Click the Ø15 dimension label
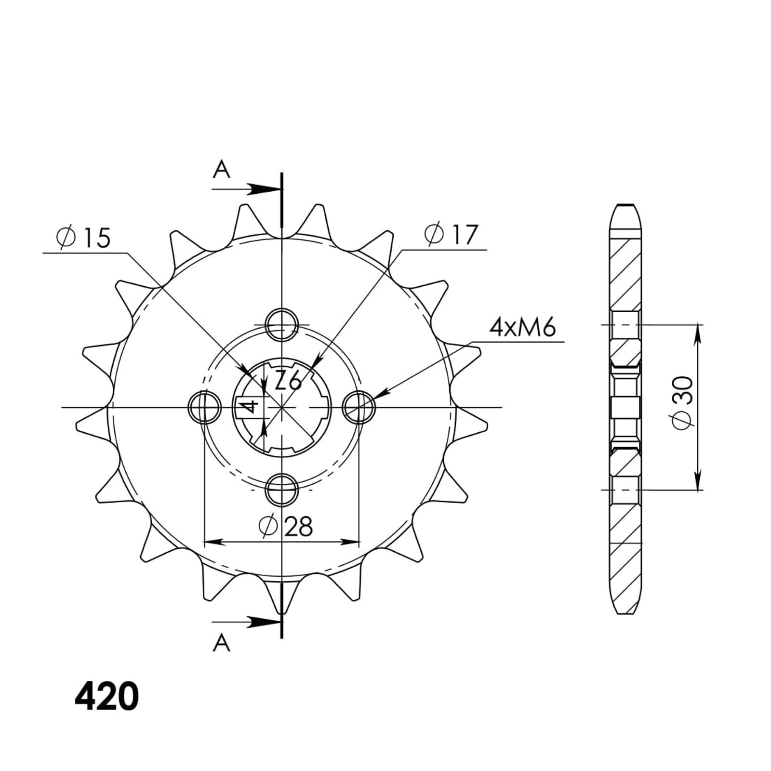click(x=83, y=238)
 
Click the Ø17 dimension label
click(x=451, y=235)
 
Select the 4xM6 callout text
click(x=522, y=328)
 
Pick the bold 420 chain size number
click(x=106, y=696)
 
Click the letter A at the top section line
click(x=222, y=169)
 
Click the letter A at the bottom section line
click(x=222, y=643)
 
